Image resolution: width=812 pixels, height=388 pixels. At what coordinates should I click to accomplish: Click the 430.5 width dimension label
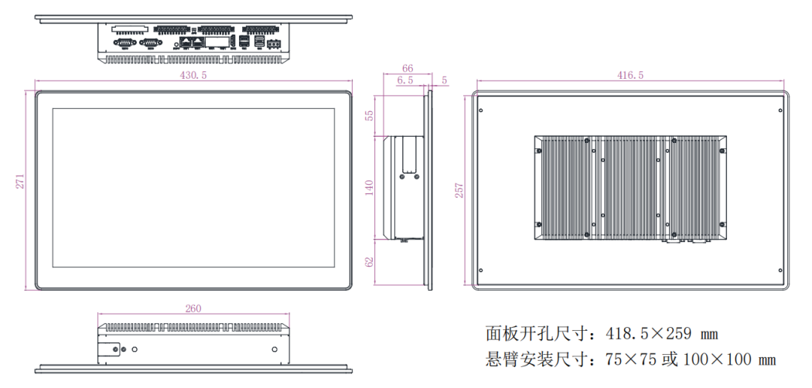pyautogui.click(x=193, y=75)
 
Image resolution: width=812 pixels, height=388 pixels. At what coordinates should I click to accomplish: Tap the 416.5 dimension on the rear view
pyautogui.click(x=630, y=75)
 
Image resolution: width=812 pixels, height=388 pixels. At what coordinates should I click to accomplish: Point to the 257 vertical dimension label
pyautogui.click(x=459, y=190)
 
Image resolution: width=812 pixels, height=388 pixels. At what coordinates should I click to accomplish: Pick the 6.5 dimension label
pyautogui.click(x=404, y=80)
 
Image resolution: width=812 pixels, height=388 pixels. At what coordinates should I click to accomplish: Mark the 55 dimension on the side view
pyautogui.click(x=369, y=115)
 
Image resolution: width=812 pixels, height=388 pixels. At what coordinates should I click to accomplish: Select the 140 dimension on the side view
pyautogui.click(x=369, y=187)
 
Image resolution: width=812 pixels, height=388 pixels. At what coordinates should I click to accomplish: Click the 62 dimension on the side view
pyautogui.click(x=369, y=263)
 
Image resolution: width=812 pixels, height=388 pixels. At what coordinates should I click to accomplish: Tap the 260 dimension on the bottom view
pyautogui.click(x=193, y=308)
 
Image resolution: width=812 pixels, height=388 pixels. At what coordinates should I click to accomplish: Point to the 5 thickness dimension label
pyautogui.click(x=445, y=80)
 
